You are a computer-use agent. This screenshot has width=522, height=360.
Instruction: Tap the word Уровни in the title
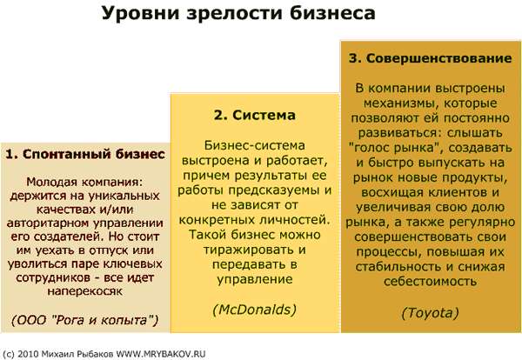click(x=141, y=14)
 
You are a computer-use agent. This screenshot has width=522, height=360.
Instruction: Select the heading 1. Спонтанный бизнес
click(x=85, y=154)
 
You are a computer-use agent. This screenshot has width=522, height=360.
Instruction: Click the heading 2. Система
click(x=255, y=115)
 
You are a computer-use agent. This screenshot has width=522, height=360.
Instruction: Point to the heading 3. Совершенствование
click(x=430, y=58)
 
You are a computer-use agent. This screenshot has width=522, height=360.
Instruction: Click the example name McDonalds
click(x=255, y=310)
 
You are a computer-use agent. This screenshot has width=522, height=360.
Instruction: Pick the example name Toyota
click(x=430, y=313)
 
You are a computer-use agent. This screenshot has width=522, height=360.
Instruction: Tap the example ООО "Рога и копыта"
click(x=85, y=320)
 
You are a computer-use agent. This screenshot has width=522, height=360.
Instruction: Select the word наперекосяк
click(x=85, y=291)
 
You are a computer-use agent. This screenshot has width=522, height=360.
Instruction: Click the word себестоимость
click(x=430, y=282)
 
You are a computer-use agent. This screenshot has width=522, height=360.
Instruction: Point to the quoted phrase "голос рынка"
click(x=395, y=148)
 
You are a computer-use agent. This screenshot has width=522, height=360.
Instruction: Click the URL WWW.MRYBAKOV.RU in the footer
click(x=160, y=354)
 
